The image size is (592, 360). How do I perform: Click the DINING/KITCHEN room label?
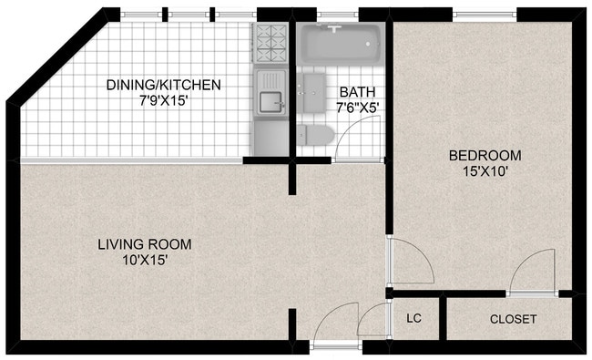pos(163,85)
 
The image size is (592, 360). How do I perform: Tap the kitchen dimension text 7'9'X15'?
pos(163,101)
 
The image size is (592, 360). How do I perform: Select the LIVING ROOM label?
pos(145,244)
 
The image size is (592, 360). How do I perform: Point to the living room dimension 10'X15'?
pos(145,261)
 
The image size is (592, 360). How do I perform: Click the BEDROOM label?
pos(485,155)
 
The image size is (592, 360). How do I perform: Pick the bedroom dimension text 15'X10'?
pos(485,171)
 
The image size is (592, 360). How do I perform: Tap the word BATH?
pos(357,92)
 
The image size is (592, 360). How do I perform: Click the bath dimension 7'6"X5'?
pos(357,108)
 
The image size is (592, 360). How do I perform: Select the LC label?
pos(413,318)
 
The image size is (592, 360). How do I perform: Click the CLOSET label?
pos(513,319)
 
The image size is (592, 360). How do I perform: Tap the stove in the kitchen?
pos(270,43)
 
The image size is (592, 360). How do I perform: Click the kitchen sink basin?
pos(270,102)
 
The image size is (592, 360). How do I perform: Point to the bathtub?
pos(341,44)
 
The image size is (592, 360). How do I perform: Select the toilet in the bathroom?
pos(316,135)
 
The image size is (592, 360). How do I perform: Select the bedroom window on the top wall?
pos(485,15)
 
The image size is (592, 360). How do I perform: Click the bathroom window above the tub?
pos(337,15)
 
